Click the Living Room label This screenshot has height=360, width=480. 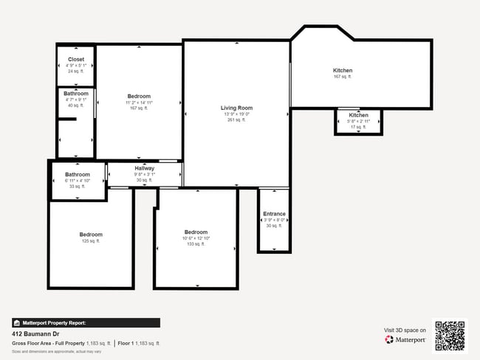point(236,108)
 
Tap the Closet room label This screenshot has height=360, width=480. point(76,59)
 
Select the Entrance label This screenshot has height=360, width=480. point(274,214)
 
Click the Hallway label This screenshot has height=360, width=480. point(145,169)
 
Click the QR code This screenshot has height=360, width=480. point(450,336)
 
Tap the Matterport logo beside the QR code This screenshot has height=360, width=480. point(405,339)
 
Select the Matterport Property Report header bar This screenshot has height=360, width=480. point(86,322)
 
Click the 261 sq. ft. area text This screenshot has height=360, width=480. point(236,120)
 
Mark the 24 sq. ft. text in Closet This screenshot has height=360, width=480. point(76,72)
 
